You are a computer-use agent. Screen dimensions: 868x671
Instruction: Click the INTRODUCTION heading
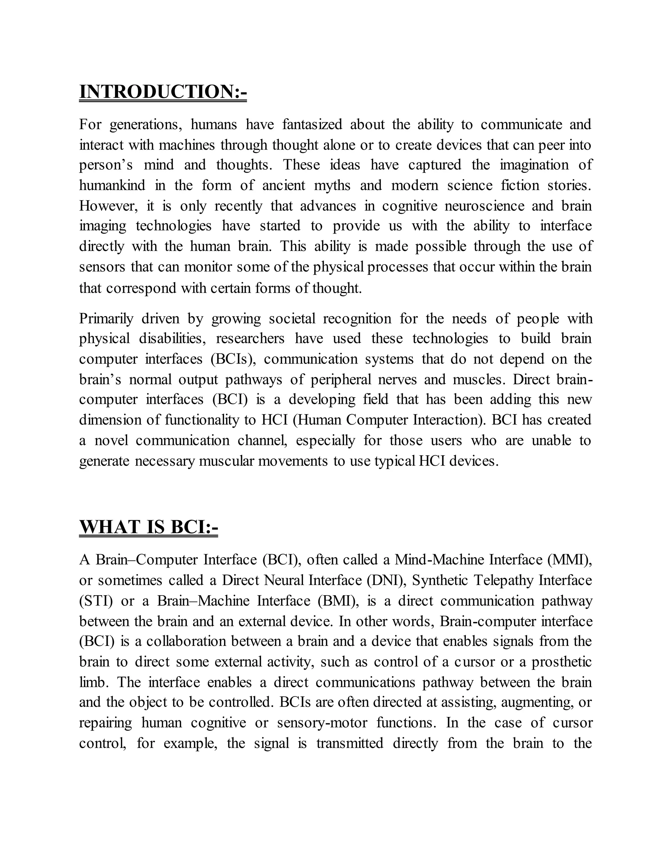click(x=163, y=92)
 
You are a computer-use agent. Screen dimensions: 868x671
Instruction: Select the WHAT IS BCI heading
click(x=149, y=527)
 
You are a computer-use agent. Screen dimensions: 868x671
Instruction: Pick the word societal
click(x=291, y=319)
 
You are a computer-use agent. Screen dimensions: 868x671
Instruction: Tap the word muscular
click(x=225, y=461)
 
